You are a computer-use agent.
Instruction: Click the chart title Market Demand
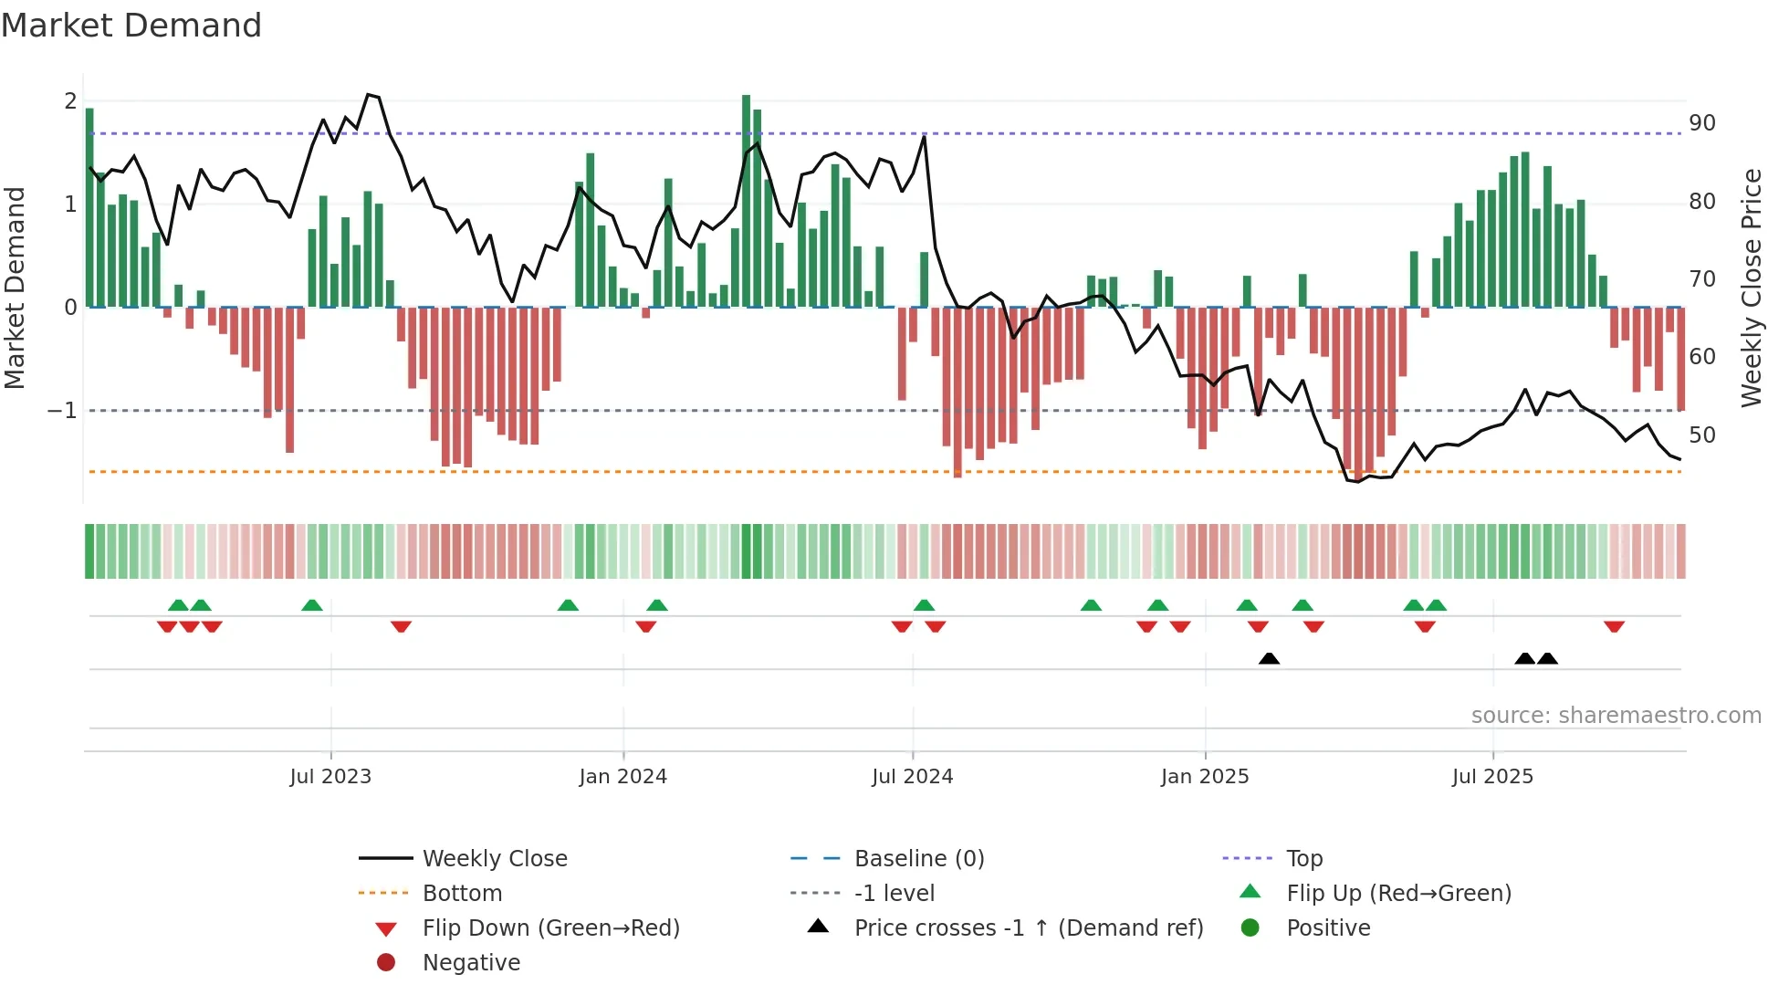click(x=131, y=26)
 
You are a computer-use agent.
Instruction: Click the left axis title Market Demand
click(x=15, y=288)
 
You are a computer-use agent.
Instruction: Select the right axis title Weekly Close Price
click(x=1751, y=288)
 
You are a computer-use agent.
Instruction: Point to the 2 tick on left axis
click(x=70, y=101)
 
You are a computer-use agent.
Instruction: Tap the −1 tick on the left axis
click(x=62, y=411)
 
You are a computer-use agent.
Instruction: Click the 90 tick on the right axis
click(x=1701, y=123)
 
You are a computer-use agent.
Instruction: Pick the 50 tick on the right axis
click(x=1701, y=435)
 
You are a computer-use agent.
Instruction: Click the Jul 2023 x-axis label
click(x=330, y=777)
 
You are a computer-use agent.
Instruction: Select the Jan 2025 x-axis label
click(x=1205, y=777)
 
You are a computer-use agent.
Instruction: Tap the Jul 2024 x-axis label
click(x=912, y=777)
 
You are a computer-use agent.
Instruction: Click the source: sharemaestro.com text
click(x=1616, y=716)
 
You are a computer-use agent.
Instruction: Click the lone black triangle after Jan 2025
click(x=1269, y=658)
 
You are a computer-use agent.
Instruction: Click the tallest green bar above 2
click(x=746, y=201)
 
